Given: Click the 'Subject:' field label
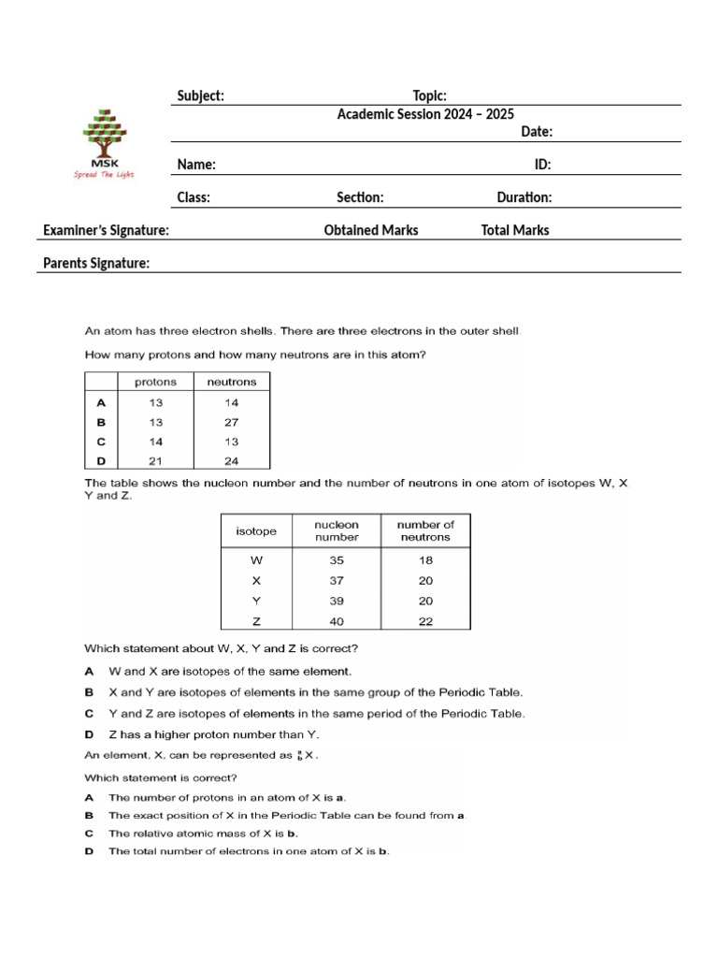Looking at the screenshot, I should tap(200, 96).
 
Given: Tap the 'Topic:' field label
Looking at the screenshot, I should tap(429, 96).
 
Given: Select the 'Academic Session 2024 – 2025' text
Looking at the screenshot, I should tap(425, 113).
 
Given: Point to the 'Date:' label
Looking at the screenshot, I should tap(537, 132).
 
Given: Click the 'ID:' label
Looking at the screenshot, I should tap(542, 165).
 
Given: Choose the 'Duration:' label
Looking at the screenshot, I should tap(524, 197).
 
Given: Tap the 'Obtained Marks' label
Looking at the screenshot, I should tap(371, 230).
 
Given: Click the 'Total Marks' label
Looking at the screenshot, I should tap(515, 230).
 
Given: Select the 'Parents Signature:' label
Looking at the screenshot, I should tap(96, 264).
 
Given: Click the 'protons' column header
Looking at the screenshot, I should tap(155, 382).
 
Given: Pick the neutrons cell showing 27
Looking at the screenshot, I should tap(231, 422).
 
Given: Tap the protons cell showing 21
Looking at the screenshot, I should tap(155, 460).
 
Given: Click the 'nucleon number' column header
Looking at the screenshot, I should tap(337, 530).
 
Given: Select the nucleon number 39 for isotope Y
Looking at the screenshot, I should tap(337, 601).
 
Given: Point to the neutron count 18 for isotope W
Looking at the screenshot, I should tap(425, 560).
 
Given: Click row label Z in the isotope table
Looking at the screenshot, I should tap(256, 621).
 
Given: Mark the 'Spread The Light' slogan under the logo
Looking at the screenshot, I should tap(104, 175).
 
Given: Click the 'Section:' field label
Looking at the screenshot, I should tap(360, 197).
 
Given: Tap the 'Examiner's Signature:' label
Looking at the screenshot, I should tap(106, 230).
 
